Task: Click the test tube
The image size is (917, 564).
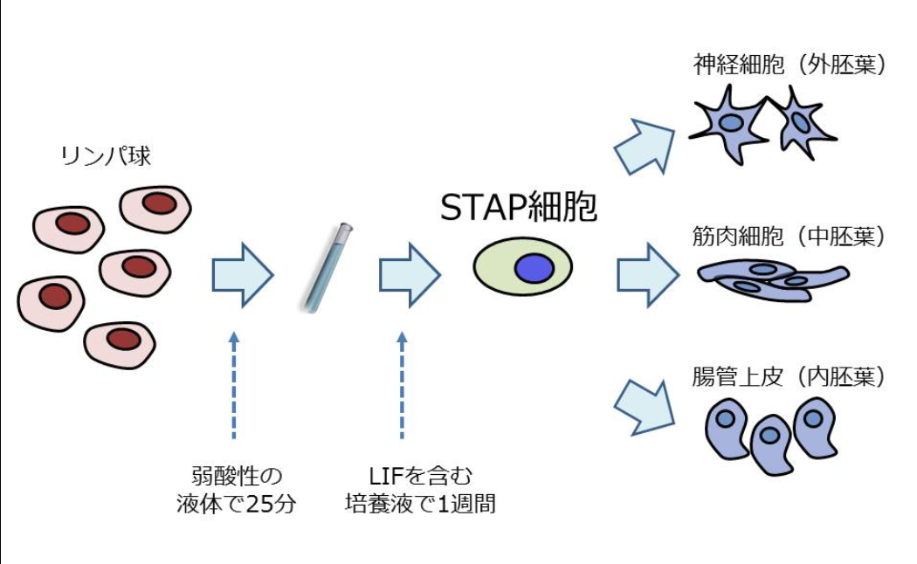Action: click(327, 267)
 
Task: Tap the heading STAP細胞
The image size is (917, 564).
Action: click(519, 208)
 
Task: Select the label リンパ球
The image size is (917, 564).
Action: click(106, 156)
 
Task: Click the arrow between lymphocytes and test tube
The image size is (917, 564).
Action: click(242, 275)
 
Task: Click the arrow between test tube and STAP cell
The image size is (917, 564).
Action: click(409, 275)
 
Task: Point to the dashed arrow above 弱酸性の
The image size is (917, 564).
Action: click(233, 384)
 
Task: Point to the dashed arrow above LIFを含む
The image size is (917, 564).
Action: click(402, 384)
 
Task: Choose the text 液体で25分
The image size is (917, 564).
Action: click(237, 505)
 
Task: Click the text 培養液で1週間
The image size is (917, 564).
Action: click(420, 505)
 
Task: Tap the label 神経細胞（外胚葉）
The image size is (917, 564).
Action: click(789, 66)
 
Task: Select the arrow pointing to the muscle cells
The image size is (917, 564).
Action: click(647, 275)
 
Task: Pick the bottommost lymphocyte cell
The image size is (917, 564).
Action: click(120, 344)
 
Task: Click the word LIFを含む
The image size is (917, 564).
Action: click(420, 477)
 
